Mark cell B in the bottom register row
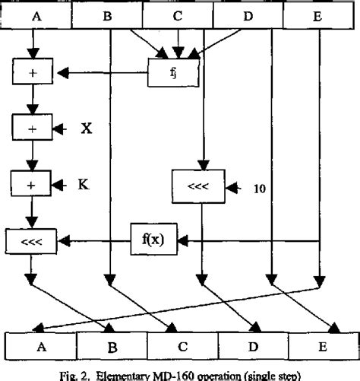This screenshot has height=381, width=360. [112, 346]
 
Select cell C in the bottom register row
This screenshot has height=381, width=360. [182, 345]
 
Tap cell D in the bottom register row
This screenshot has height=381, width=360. [254, 345]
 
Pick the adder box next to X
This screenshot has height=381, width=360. [31, 128]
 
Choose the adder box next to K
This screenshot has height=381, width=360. [31, 183]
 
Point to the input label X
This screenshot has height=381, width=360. [86, 128]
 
